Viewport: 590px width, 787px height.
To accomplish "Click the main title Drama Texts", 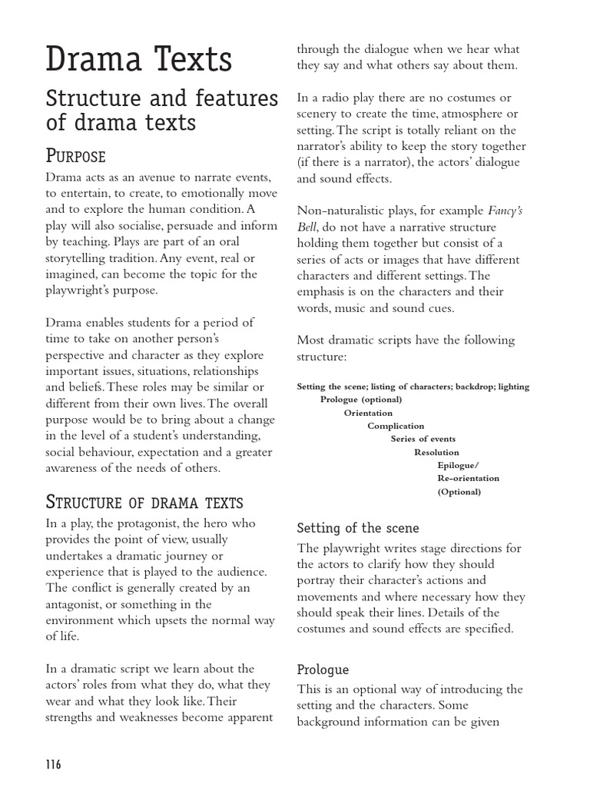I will tap(138, 61).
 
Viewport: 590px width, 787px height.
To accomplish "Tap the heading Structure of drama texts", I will tap(145, 503).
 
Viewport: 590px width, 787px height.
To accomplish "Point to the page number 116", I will tap(53, 764).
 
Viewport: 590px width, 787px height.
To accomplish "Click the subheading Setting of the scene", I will tap(358, 528).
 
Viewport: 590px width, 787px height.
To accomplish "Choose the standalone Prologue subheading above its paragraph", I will tap(323, 669).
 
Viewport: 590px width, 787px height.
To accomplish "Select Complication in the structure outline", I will tap(396, 426).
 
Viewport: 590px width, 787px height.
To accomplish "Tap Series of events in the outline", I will tap(423, 439).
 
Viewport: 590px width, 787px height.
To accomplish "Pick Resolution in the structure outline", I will tap(436, 453).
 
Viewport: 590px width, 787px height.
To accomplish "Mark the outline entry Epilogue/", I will tap(458, 466).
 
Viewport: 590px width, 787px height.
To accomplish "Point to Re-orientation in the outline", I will tap(468, 479).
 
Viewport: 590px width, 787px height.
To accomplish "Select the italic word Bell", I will tap(307, 227).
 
